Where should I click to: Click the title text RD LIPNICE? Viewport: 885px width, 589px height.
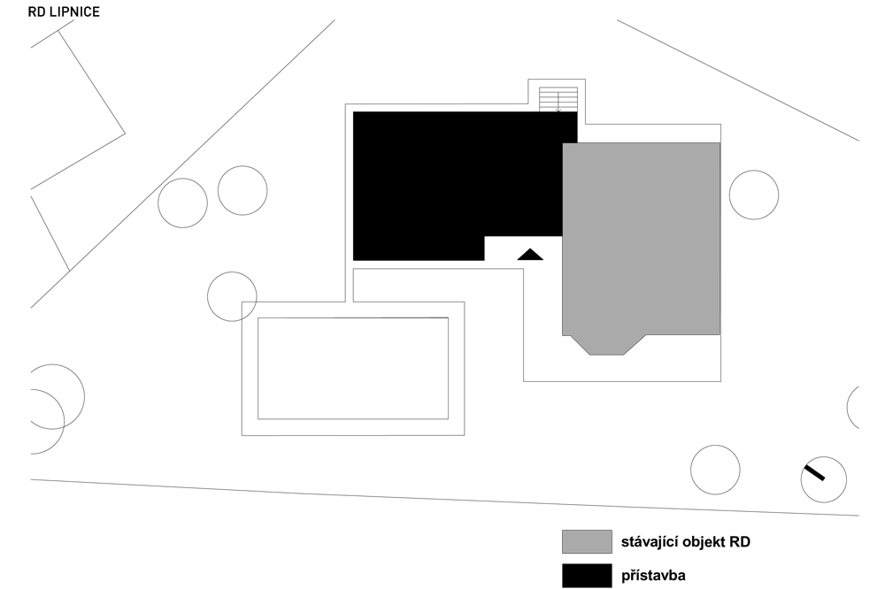pos(64,11)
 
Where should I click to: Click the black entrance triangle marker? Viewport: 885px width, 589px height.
pos(530,255)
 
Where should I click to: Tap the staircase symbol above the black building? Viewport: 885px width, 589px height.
pos(558,99)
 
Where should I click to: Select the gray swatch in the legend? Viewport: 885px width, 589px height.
pos(587,541)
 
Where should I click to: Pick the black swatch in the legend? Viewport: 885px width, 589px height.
pos(587,576)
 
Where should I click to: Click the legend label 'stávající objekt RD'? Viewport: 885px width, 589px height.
pos(686,542)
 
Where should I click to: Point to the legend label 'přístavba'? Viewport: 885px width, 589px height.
pos(654,576)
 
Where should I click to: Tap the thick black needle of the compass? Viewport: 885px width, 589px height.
pos(814,473)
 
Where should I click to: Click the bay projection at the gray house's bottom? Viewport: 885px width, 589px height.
pos(607,345)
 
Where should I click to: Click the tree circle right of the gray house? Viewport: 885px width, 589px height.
pos(754,171)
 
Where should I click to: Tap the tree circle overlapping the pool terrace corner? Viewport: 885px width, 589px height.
pos(232,272)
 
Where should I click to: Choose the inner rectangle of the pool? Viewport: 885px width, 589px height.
pos(258,369)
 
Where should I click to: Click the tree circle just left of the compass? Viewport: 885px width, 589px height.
pos(715,445)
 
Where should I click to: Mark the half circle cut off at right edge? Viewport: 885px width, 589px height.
pos(847,408)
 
